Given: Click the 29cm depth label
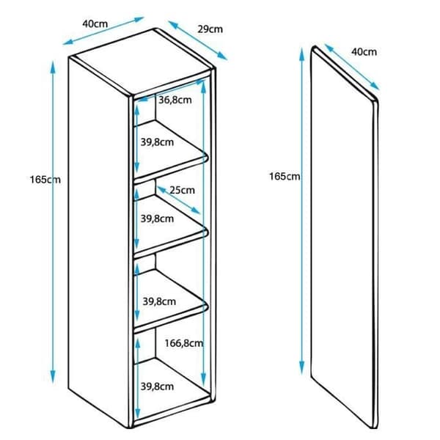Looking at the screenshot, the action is (210, 29).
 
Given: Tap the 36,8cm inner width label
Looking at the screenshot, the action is (175, 100).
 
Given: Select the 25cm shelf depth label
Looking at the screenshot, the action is (182, 190).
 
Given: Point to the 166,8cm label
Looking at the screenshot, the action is (184, 343).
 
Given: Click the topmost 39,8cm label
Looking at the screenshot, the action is (157, 142).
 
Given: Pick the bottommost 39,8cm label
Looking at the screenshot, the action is (157, 386).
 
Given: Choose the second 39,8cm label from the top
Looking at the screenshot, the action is (157, 219).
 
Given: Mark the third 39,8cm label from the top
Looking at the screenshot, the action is (159, 301).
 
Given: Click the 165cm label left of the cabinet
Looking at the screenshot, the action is (45, 180).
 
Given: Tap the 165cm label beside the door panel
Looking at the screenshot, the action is (285, 177).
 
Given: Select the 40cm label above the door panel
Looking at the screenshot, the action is (364, 51).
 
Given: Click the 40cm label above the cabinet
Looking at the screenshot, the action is (95, 24).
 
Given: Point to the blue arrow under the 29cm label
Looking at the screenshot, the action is (197, 40).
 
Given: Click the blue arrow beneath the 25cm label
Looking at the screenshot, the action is (179, 200).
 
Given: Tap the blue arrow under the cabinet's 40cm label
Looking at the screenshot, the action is (103, 31).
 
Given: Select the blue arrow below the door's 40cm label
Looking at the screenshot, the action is (352, 67).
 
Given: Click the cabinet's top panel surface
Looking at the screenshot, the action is (143, 62).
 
